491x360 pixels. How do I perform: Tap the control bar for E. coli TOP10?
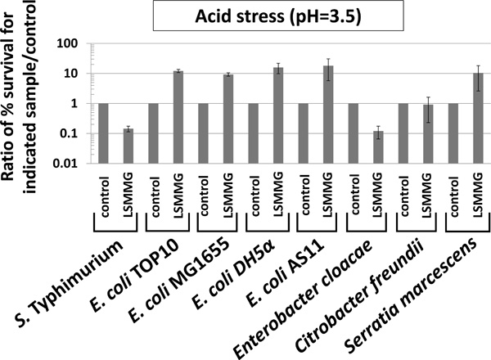[x=154, y=133]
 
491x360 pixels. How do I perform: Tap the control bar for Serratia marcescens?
[x=454, y=133]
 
